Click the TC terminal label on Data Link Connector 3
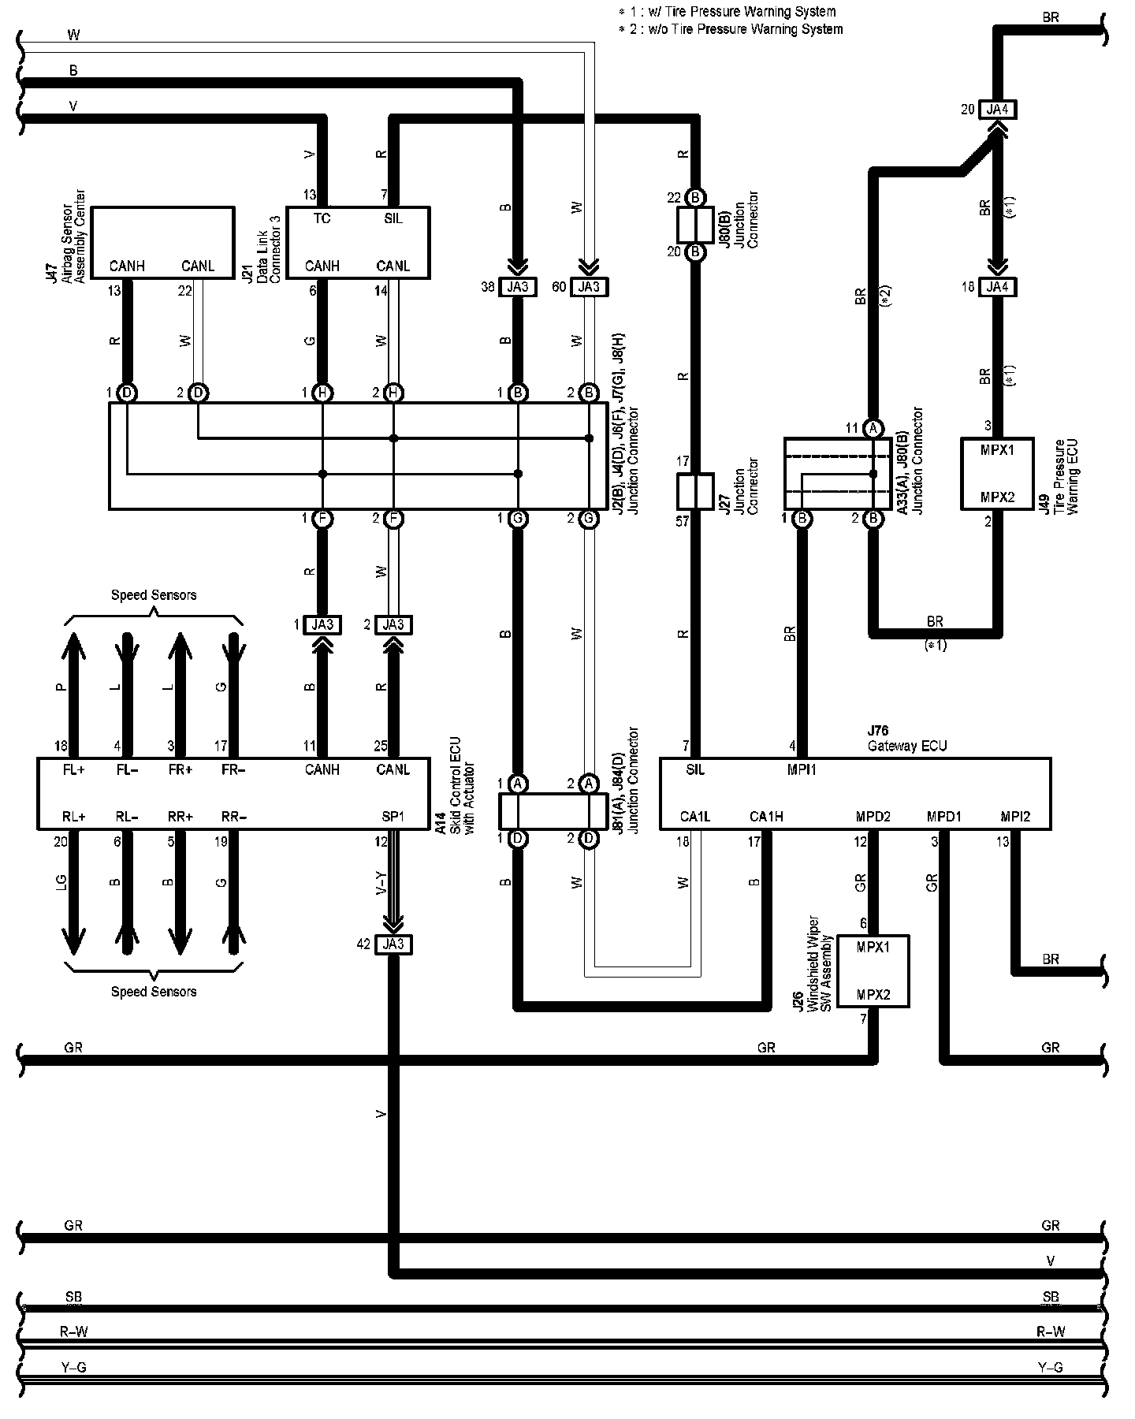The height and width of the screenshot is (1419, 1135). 322,218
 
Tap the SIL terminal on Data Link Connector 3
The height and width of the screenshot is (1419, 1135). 393,218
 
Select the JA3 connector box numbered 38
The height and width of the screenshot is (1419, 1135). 517,287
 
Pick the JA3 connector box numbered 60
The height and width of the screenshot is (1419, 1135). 589,287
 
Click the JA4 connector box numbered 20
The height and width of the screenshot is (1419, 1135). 997,110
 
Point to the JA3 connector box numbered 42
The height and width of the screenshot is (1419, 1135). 393,944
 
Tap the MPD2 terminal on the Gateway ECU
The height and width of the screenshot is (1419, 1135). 873,817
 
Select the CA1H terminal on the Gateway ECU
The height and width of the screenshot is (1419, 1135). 765,817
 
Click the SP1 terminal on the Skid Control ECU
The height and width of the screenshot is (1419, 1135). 393,817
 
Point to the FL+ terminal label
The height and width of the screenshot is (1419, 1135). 73,769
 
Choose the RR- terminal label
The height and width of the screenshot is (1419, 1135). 233,817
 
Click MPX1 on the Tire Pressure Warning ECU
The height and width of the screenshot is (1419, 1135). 997,450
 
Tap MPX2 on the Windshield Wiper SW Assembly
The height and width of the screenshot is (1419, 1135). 873,995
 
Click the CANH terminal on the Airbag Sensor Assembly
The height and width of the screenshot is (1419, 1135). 126,266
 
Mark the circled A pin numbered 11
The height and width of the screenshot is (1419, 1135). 873,428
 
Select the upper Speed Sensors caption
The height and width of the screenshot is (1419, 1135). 154,595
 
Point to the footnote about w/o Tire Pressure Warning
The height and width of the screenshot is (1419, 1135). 731,29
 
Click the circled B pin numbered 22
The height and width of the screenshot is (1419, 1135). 695,196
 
